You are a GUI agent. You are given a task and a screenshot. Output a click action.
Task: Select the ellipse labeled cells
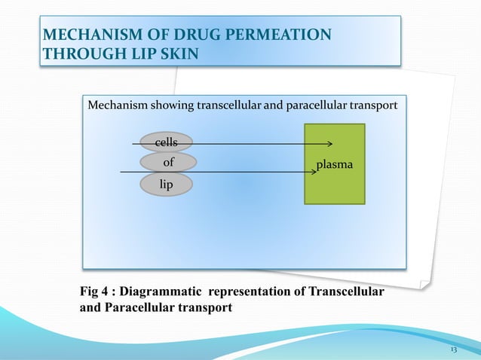pos(165,142)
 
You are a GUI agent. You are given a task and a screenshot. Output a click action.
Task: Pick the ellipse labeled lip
pos(165,183)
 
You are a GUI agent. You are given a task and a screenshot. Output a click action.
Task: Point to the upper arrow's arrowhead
pos(329,143)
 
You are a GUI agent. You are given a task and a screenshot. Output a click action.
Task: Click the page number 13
pos(453,352)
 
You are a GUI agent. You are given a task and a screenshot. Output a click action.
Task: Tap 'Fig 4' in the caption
pos(95,291)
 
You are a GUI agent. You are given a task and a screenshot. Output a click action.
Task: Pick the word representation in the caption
pos(252,291)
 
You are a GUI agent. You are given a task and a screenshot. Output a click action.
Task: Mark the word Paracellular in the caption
pos(144,307)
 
